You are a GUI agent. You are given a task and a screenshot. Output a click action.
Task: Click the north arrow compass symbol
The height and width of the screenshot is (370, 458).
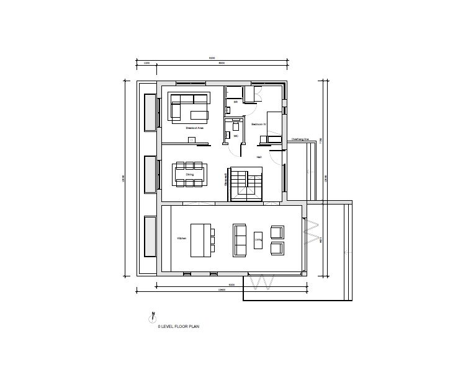151,317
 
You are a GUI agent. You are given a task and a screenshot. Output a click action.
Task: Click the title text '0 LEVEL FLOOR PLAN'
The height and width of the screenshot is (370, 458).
178,325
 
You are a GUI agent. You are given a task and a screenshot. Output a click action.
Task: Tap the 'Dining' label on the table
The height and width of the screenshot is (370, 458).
190,175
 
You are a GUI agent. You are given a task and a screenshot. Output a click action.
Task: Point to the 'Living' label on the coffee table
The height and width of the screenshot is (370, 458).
258,238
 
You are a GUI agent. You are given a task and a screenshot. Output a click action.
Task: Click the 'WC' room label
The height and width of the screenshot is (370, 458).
236,135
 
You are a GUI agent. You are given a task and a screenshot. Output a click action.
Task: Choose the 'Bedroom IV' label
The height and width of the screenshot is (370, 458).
258,124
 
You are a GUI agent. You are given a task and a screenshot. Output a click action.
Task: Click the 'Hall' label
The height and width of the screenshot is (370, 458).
259,157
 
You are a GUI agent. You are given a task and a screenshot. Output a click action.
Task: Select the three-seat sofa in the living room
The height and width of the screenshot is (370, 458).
239,240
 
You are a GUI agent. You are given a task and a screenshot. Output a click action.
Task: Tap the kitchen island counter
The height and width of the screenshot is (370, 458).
200,240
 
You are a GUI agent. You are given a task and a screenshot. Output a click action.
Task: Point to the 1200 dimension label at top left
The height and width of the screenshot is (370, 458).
146,63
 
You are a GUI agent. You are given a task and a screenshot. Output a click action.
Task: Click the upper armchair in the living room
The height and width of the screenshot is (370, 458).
277,232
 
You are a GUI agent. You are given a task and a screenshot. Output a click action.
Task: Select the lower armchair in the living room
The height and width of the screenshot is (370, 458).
277,249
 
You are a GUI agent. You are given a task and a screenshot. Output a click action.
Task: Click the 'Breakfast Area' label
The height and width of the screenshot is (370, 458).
195,128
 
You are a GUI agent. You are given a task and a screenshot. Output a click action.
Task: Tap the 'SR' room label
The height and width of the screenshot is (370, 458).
236,101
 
